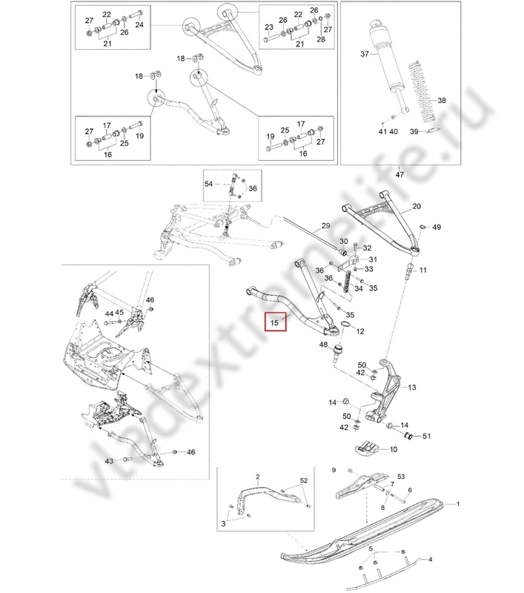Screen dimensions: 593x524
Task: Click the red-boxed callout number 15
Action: [x=273, y=323]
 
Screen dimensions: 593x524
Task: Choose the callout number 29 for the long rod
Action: [x=325, y=225]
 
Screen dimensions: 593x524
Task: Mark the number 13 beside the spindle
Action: [x=412, y=387]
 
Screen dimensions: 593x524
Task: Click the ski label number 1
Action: [x=458, y=505]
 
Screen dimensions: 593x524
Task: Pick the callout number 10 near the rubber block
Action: [x=392, y=449]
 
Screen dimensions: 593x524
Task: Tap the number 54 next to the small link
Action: [x=208, y=183]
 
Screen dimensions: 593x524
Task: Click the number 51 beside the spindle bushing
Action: [x=426, y=435]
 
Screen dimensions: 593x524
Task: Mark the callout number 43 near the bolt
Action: [x=108, y=461]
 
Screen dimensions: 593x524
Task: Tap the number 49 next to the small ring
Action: [x=437, y=226]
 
